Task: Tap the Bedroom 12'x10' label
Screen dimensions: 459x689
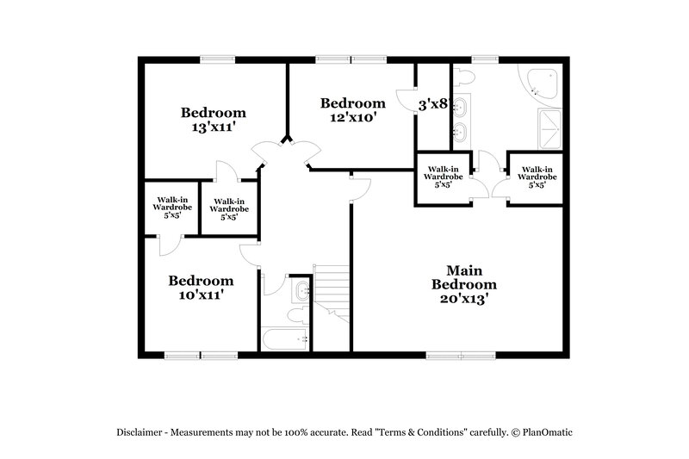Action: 353,109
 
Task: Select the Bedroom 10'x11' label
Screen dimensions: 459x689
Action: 201,287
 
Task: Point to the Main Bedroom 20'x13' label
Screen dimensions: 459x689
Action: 464,284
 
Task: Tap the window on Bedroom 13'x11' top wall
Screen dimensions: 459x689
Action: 214,59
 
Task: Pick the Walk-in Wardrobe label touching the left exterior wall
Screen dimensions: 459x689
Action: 171,208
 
